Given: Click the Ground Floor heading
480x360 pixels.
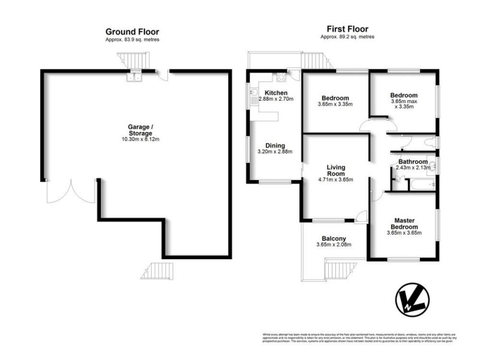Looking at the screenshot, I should point(132,32).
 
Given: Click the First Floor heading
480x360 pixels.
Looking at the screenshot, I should point(347,29).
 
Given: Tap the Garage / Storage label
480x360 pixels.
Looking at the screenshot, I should point(140,130).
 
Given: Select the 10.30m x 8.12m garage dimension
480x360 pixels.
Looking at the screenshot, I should point(140,140).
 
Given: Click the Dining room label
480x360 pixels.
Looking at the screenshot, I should point(275,145).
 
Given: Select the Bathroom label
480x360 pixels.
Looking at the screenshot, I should point(412,162).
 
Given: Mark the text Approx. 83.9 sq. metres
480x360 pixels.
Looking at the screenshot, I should point(132,40).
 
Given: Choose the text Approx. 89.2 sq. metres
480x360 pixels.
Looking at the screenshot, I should point(347,37).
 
